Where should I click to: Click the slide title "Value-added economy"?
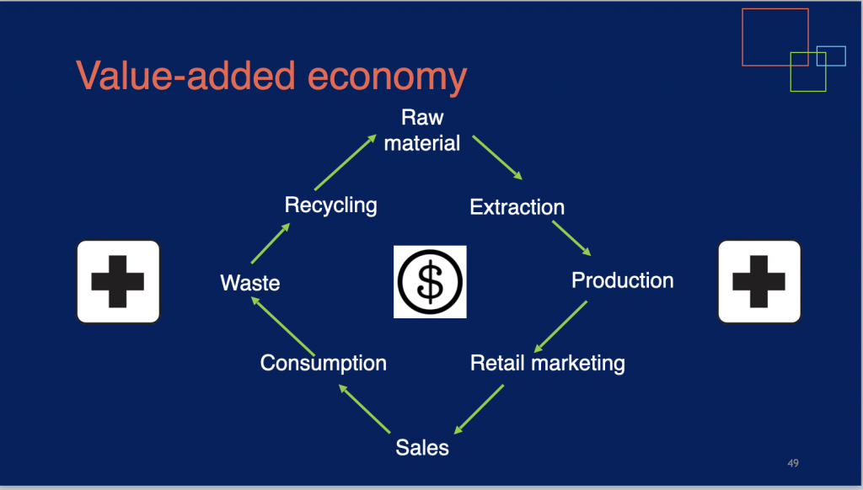(271, 76)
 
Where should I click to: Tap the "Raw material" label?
(422, 130)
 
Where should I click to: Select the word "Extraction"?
(517, 207)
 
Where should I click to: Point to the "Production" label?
(623, 280)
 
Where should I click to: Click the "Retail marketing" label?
(548, 364)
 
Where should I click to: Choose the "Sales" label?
(422, 448)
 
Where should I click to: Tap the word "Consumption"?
(323, 364)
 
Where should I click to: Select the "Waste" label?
(249, 283)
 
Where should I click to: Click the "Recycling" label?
(330, 205)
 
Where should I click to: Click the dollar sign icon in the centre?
(430, 281)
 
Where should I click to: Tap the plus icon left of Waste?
(118, 281)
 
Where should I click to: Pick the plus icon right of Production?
(759, 281)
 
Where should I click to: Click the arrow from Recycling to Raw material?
(346, 162)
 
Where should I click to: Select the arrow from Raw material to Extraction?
(497, 157)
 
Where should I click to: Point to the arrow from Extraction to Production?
(571, 238)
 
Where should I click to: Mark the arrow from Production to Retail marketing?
(560, 327)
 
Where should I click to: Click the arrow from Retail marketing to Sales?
(479, 409)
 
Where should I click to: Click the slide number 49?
(793, 463)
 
